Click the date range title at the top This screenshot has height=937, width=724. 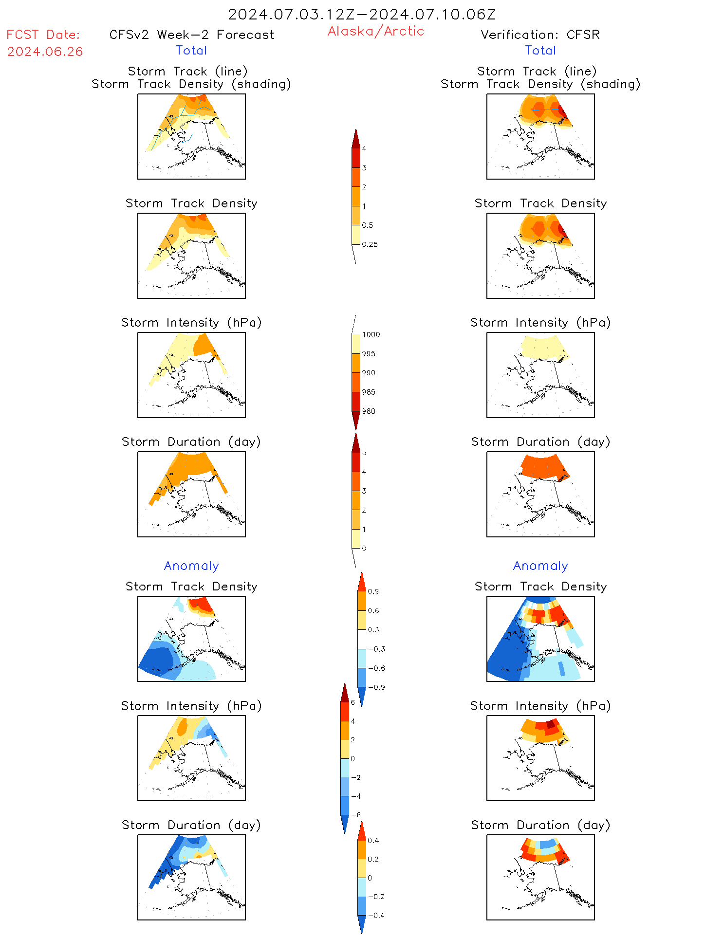[x=362, y=15]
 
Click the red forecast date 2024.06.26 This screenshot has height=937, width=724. [x=45, y=52]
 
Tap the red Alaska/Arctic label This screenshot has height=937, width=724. [x=375, y=31]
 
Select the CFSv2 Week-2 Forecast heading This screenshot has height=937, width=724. [x=192, y=35]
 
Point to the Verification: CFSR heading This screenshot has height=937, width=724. [x=540, y=35]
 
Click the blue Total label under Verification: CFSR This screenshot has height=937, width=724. [x=540, y=50]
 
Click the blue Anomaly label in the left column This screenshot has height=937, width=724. [x=191, y=566]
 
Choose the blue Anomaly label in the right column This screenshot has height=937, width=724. [x=540, y=566]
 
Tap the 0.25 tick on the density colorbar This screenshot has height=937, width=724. [x=370, y=244]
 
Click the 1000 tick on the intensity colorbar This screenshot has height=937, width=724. [x=371, y=334]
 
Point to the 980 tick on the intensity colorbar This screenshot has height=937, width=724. [x=369, y=411]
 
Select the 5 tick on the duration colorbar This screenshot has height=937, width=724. [x=364, y=453]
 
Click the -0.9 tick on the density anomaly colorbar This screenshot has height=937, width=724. [x=376, y=687]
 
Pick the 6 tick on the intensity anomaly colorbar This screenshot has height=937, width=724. [x=353, y=702]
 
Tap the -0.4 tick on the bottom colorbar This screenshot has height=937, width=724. [x=376, y=915]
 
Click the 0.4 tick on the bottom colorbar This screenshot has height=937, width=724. [x=373, y=840]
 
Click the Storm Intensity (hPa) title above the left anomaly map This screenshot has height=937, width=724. [x=191, y=706]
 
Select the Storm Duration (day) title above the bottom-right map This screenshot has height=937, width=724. [x=540, y=825]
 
